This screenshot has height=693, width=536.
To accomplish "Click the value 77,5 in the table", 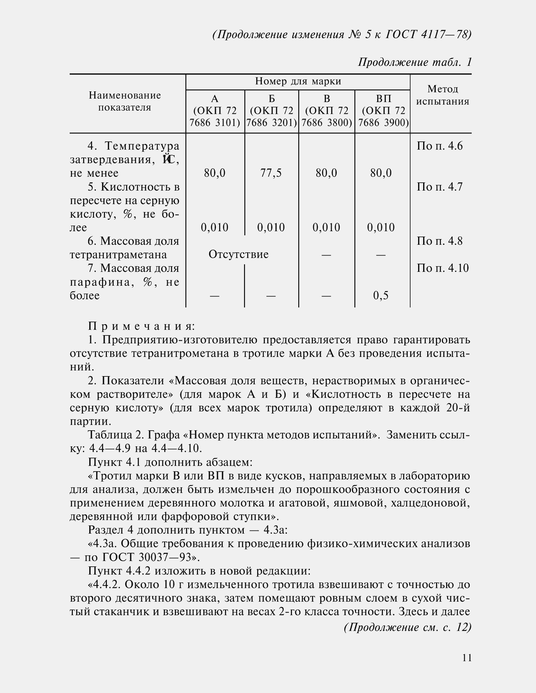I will [271, 173].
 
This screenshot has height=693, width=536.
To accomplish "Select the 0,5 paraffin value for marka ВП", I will [381, 295].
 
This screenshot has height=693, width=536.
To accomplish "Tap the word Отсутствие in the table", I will [238, 254].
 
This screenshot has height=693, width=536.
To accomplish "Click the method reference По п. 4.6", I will [440, 146].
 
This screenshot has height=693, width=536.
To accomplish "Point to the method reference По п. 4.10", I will [443, 268].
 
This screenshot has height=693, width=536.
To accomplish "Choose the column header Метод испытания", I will [443, 95].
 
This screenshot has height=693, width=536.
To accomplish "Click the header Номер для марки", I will [298, 82].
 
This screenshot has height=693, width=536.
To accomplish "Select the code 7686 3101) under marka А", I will [215, 123].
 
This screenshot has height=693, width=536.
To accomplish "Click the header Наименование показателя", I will [125, 101].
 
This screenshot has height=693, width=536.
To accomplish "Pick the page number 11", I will [467, 658].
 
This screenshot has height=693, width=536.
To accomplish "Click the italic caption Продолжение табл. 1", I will [415, 62].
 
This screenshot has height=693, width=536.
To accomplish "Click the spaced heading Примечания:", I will [142, 326].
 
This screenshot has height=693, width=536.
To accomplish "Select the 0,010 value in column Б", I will [271, 227].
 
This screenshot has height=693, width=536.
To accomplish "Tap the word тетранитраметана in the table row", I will [118, 255].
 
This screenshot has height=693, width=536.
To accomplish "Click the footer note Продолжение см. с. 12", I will [407, 627].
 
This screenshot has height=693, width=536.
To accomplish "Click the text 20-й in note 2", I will [457, 408].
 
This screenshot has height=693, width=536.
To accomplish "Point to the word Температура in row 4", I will [142, 146].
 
